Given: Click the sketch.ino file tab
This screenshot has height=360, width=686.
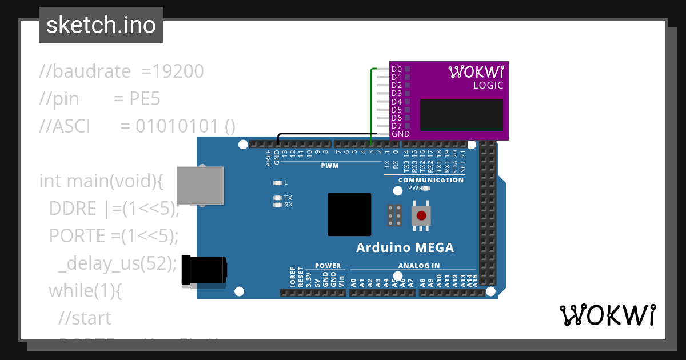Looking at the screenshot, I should click(101, 25).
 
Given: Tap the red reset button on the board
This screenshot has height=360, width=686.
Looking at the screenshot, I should click(421, 215).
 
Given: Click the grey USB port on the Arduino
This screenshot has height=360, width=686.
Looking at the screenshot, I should click(200, 185).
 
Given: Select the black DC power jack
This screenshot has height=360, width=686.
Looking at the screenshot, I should click(204, 270).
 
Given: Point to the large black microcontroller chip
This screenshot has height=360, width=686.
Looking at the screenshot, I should click(349, 214).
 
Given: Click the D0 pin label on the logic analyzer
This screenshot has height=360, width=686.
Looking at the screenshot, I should click(396, 69).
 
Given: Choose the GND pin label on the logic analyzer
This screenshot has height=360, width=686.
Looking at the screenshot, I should click(400, 134).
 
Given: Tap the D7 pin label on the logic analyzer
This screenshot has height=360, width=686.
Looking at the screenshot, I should click(396, 126).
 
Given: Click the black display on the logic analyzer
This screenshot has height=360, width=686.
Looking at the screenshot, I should click(461, 115).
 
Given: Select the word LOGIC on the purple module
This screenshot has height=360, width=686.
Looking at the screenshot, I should click(488, 86).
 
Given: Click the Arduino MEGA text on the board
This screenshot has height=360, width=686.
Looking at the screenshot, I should click(405, 248).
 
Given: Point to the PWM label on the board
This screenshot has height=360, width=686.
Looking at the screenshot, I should click(329, 166).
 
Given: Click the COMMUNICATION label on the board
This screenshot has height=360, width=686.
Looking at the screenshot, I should click(431, 180).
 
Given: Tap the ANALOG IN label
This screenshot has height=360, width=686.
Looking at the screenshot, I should click(419, 266).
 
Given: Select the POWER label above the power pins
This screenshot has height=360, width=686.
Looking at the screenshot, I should click(328, 266).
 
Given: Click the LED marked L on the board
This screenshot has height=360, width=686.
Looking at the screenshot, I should click(278, 183).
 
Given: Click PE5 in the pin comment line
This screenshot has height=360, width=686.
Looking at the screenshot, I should click(145, 99).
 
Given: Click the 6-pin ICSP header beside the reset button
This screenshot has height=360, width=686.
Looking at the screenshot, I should click(394, 215).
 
